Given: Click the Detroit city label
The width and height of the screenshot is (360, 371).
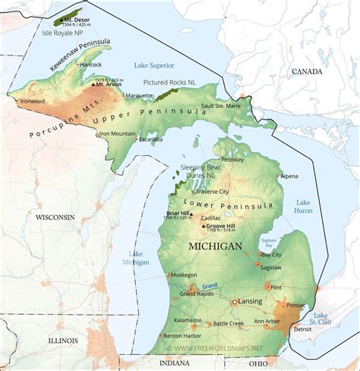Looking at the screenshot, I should tap(303, 328).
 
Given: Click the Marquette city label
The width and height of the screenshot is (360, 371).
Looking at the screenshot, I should tap(139, 96).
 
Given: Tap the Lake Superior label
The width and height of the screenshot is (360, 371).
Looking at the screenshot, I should tap(156, 66).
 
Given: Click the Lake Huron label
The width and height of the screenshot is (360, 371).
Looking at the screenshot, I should tap(304, 206).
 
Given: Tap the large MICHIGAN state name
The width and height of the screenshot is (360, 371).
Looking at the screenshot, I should tap(216, 247).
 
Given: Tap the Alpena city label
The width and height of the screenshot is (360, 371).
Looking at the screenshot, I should tap(289, 176).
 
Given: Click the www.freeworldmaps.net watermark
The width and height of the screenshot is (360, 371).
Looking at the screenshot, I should tap(219, 348).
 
